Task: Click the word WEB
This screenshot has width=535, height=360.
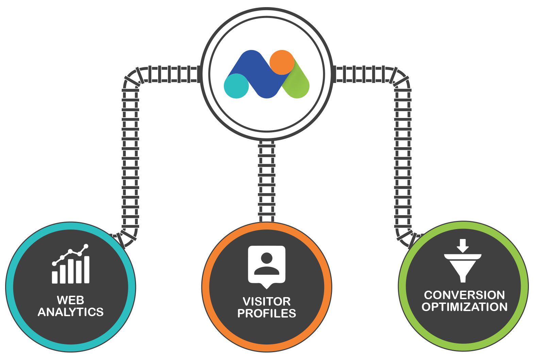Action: (70, 300)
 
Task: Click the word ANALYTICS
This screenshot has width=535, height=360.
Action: (71, 312)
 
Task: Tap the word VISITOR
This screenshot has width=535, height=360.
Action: (267, 302)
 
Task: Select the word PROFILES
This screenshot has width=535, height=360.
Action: (267, 313)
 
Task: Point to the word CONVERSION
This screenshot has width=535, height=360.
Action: (464, 295)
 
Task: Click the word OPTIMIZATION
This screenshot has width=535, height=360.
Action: (465, 307)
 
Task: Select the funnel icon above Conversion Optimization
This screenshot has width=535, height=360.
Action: (463, 267)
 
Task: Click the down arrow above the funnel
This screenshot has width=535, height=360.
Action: (463, 246)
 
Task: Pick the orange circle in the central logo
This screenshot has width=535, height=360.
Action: (282, 62)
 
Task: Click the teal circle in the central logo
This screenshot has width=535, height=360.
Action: (236, 86)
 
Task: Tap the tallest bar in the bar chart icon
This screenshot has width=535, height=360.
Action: (87, 270)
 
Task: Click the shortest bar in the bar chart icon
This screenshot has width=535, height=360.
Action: (54, 277)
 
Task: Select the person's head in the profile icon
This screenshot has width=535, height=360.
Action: (267, 258)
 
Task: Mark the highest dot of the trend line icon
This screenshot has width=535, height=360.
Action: (86, 246)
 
